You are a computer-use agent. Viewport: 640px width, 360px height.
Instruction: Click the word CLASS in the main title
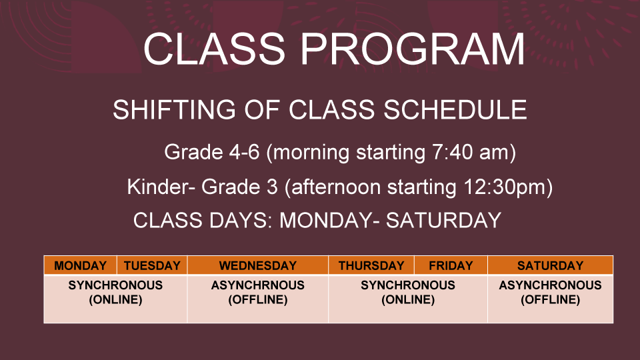pos(214,49)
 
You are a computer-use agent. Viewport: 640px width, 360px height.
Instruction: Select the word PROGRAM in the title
pos(413,49)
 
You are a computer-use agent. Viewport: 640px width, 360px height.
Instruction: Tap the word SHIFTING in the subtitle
pos(174,109)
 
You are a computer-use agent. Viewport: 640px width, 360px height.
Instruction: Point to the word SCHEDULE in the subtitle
pos(455,109)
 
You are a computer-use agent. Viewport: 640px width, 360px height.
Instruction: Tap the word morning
pos(311,152)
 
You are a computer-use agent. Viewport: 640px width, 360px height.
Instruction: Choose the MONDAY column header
pos(81,266)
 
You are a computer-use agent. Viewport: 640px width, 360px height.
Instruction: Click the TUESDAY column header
pos(152,266)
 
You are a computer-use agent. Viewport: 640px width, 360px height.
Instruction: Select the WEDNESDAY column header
pos(258,266)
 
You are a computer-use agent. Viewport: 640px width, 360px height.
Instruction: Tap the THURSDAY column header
pos(371,266)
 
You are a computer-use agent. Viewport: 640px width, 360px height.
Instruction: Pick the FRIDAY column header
pos(451,266)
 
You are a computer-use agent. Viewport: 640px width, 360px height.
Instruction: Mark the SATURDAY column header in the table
pos(550,266)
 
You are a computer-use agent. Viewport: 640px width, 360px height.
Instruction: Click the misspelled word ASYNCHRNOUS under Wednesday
pos(258,285)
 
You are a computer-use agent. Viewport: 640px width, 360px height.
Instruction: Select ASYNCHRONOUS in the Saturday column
pos(550,285)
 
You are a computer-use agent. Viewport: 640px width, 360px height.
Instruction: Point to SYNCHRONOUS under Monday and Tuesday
pos(115,285)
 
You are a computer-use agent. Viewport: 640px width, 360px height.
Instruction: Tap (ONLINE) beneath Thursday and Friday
pos(408,300)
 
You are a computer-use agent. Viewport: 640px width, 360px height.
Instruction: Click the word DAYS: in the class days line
pos(241,221)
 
